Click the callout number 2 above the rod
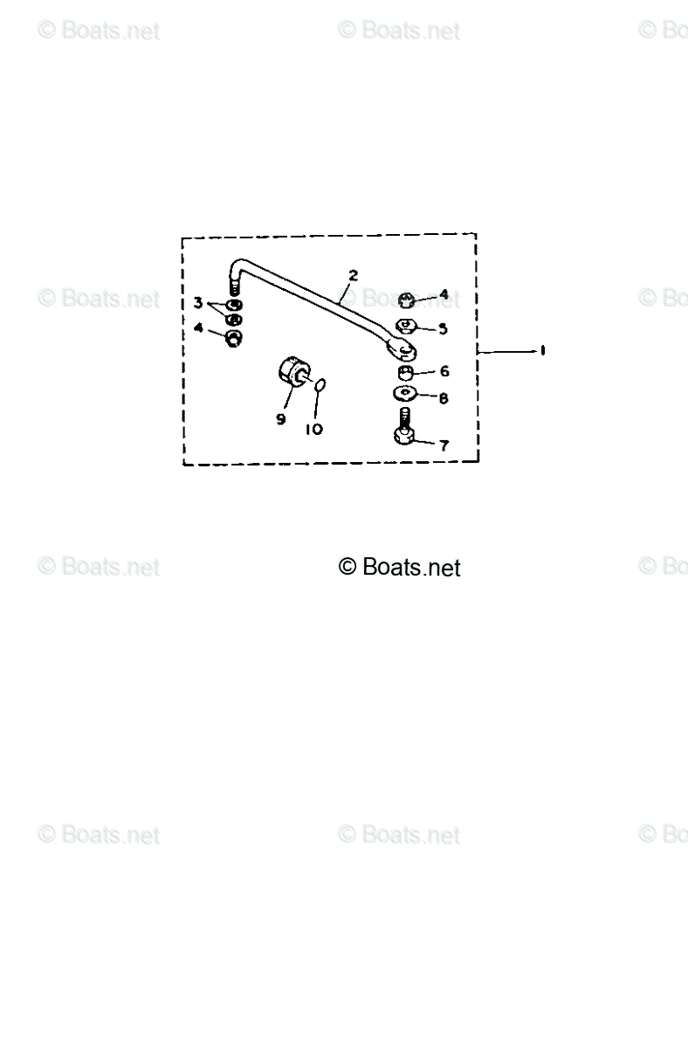pyautogui.click(x=352, y=276)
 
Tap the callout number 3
pyautogui.click(x=199, y=304)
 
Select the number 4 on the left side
pyautogui.click(x=199, y=328)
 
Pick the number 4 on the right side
pyautogui.click(x=444, y=295)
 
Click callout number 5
pyautogui.click(x=443, y=329)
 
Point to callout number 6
pyautogui.click(x=444, y=371)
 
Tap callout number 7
pyautogui.click(x=444, y=445)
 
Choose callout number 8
pyautogui.click(x=444, y=398)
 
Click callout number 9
pyautogui.click(x=281, y=419)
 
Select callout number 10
pyautogui.click(x=313, y=429)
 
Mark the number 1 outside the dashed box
pyautogui.click(x=542, y=350)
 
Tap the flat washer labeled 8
pyautogui.click(x=405, y=395)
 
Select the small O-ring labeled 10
pyautogui.click(x=320, y=384)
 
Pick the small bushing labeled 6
pyautogui.click(x=405, y=373)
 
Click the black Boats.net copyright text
pyautogui.click(x=399, y=568)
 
